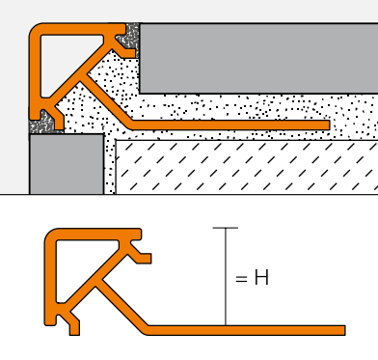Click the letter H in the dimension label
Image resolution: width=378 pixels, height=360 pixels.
click(261, 278)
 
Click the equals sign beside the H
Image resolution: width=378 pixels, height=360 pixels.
click(241, 279)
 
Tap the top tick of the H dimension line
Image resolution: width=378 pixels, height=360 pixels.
click(226, 228)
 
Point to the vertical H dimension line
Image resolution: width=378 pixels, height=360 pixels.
click(226, 277)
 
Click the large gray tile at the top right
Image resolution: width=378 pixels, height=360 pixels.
click(258, 58)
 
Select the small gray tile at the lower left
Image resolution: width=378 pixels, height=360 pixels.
click(67, 164)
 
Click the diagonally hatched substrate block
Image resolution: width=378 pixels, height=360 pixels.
click(247, 167)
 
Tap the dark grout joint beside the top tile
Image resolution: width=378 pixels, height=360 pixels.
click(130, 39)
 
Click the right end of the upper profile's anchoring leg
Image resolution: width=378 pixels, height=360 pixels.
click(330, 125)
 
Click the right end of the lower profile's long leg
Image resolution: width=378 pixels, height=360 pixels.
click(345, 330)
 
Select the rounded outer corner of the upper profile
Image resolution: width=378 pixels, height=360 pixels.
click(36, 30)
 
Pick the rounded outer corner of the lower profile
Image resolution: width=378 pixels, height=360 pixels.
click(51, 235)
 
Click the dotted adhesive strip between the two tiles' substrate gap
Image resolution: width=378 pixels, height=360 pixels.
click(110, 164)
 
